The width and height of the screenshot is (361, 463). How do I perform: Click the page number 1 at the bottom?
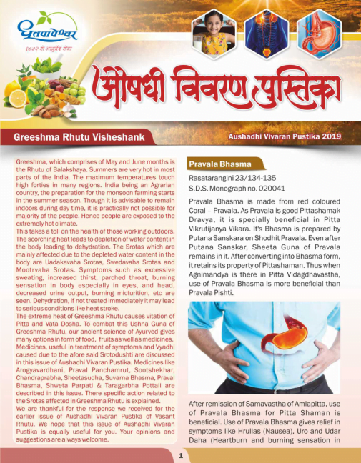181,454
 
